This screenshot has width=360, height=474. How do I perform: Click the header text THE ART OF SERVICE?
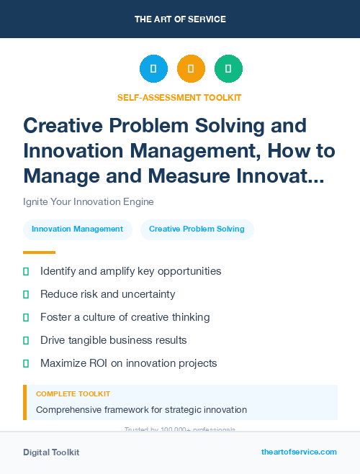pos(179,19)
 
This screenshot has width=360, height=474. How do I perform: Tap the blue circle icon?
pos(153,68)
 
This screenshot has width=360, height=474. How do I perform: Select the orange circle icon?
pos(191,68)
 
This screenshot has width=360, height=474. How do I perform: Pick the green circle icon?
pos(228,68)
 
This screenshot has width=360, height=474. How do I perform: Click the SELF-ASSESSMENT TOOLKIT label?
pos(179,97)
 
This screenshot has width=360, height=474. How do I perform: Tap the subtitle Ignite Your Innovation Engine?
pos(88,202)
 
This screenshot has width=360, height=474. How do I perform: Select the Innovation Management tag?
pos(78,229)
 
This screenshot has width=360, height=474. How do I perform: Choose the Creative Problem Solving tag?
pos(197,229)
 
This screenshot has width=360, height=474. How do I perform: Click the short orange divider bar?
pos(39,252)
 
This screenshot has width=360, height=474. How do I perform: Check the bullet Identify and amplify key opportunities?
pos(130,271)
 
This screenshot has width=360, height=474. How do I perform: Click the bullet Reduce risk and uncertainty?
pos(107,294)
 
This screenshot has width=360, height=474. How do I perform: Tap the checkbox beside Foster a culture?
pos(27,317)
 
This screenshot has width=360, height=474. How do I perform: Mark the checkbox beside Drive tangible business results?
pos(27,340)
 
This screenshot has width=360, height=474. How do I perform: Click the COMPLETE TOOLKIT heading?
pos(73,394)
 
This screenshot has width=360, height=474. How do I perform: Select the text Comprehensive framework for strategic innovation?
pos(141,410)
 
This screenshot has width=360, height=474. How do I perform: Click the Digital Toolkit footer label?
pos(51,452)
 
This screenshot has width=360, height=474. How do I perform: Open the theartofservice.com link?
pos(299,452)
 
